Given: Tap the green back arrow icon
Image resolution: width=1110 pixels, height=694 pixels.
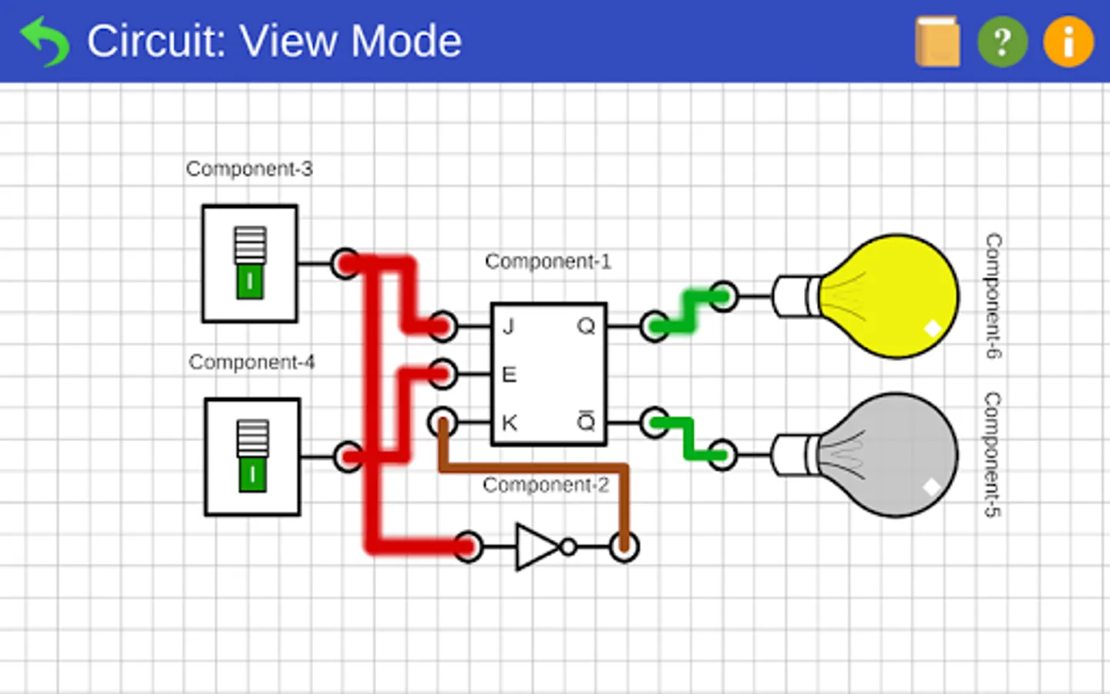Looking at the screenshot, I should coord(44,42).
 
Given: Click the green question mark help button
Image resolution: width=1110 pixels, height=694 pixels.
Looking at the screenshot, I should coord(1002,42).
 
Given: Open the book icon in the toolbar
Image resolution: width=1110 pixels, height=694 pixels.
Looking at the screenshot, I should coord(937,42).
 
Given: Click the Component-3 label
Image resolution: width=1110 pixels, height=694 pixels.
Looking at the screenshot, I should coord(249,169).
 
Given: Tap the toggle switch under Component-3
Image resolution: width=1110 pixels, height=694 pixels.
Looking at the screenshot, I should coord(250,263).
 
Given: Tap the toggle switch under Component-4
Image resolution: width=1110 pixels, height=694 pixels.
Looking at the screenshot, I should coord(252,456).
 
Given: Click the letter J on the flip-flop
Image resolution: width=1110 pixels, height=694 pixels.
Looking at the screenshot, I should coord(509,326).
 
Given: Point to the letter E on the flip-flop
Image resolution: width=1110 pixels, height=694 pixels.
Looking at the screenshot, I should coord(509,375).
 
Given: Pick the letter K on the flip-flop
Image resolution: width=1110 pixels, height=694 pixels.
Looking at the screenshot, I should coord(509,423).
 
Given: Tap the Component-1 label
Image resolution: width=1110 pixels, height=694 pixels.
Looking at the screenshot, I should coord(547,261).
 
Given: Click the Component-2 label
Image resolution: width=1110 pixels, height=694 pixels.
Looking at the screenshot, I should coord(545,485).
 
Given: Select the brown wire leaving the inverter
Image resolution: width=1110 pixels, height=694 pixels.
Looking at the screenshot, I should coord(540,467).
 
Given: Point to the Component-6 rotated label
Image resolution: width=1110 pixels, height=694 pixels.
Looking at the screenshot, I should coord(994,296).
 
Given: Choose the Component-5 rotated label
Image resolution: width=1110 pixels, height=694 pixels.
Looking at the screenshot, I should coord(993,455).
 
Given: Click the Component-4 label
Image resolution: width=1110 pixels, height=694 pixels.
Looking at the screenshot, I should coord(251,362).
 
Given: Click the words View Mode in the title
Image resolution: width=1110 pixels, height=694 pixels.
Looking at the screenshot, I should coord(351,41).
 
